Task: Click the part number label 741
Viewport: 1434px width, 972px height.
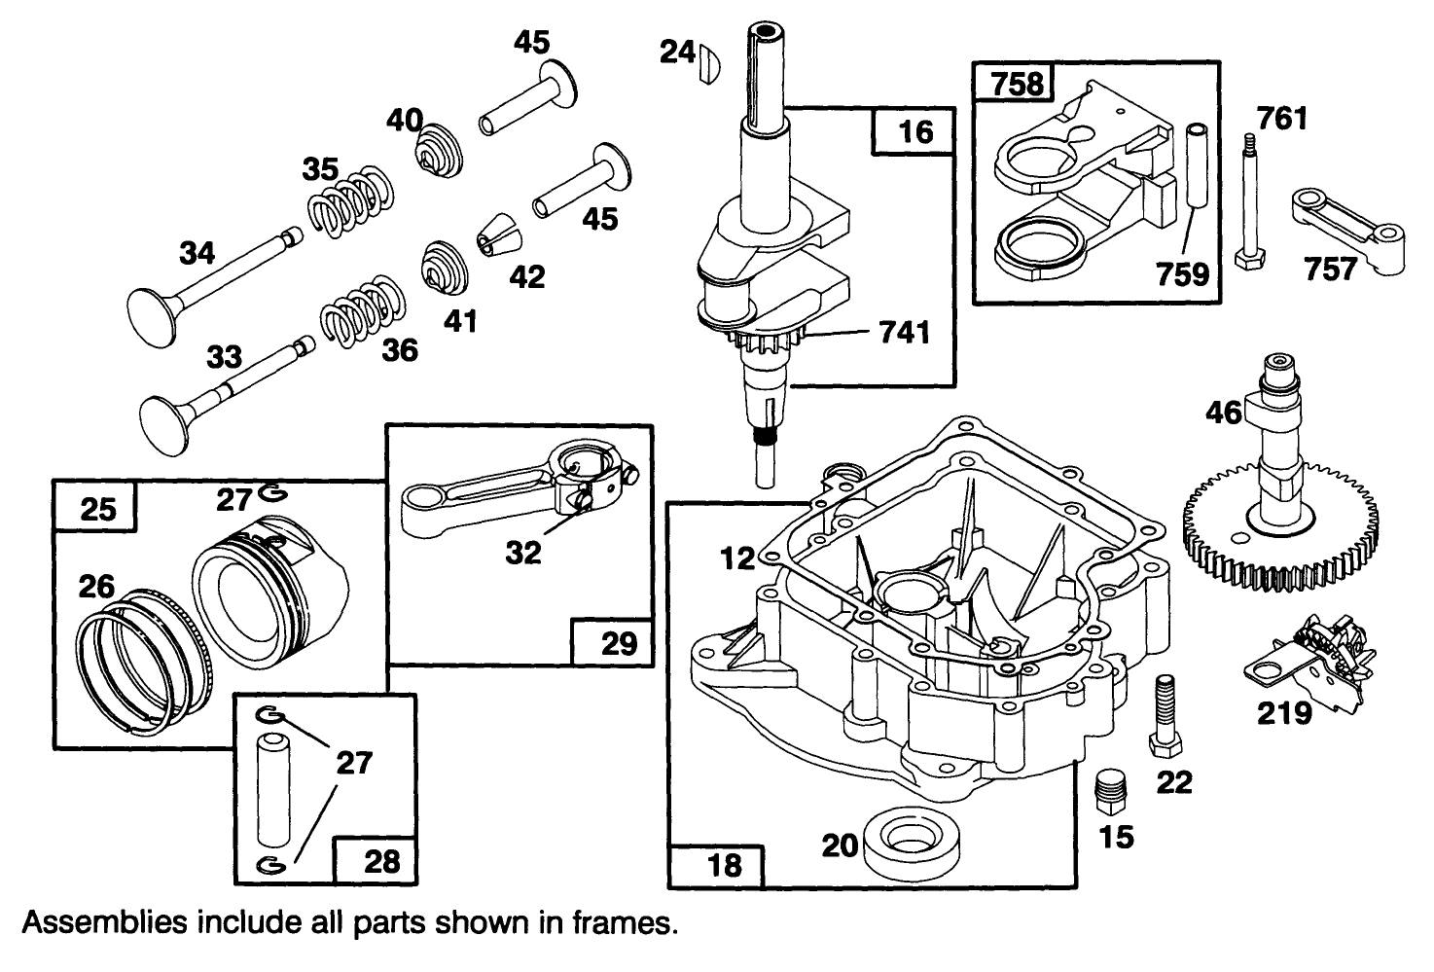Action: (903, 334)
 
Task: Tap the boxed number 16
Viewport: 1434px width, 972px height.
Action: (915, 130)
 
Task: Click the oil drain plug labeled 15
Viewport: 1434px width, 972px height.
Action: (1108, 787)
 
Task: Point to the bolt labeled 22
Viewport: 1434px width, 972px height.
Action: (1164, 715)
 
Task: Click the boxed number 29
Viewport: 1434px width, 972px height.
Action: (619, 643)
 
